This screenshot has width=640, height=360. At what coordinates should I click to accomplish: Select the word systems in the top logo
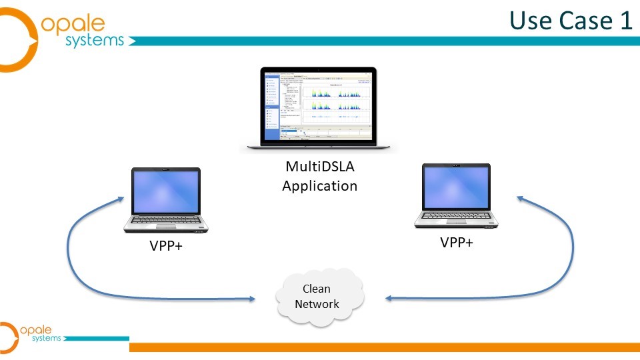click(x=95, y=41)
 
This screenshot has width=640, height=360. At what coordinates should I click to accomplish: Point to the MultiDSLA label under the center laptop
click(x=319, y=166)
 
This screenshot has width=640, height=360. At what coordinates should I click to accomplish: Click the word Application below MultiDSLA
click(x=319, y=185)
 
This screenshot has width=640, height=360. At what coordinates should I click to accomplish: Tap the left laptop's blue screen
click(x=165, y=191)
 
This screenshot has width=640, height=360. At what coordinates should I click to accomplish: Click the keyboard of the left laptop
click(x=166, y=220)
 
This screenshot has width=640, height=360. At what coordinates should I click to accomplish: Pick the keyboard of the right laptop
click(x=456, y=217)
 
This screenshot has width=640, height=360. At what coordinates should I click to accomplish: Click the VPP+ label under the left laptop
click(x=166, y=247)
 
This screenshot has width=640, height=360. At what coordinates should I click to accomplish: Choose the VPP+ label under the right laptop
click(x=457, y=243)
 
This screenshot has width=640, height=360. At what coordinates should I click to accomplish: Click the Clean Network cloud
click(x=321, y=297)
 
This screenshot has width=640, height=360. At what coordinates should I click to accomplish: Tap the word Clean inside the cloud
click(x=317, y=289)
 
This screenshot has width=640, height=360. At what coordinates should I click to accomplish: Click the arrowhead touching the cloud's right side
click(x=389, y=299)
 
